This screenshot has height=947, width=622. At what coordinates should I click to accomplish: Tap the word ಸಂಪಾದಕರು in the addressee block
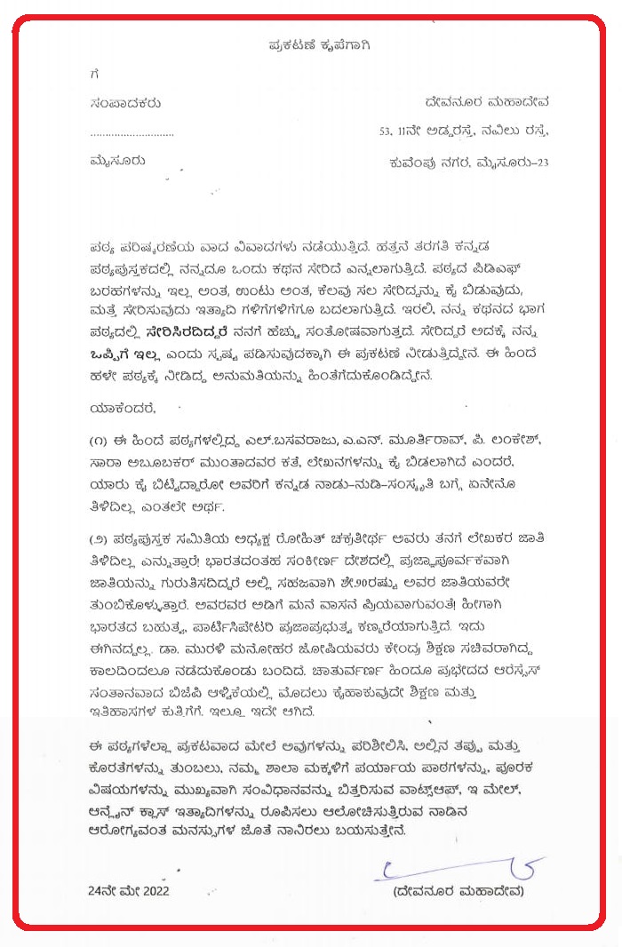tap(125, 104)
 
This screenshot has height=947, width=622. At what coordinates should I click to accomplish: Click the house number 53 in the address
tap(386, 132)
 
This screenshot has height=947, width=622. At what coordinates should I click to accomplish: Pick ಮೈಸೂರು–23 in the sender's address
tap(516, 162)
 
